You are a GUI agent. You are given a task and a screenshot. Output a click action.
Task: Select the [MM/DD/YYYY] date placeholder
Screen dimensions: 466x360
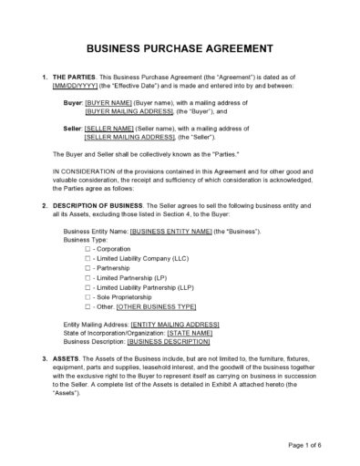(x=77, y=88)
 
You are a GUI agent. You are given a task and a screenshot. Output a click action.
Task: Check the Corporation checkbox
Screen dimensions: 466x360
(x=87, y=249)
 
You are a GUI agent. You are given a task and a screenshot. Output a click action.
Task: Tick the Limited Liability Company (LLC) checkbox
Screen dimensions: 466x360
(x=87, y=259)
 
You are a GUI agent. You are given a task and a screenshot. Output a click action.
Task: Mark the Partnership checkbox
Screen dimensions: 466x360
(x=87, y=269)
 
